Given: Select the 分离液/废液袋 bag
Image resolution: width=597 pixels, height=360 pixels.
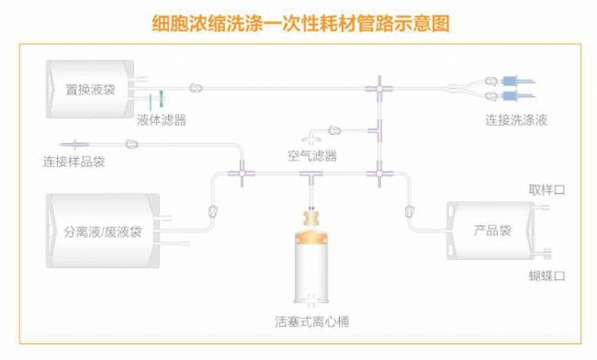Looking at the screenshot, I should pyautogui.click(x=102, y=231).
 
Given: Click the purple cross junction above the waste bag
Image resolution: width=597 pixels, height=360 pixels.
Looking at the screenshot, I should pyautogui.click(x=241, y=172).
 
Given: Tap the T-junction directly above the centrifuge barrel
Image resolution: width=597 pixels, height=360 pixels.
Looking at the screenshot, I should pyautogui.click(x=312, y=173).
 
